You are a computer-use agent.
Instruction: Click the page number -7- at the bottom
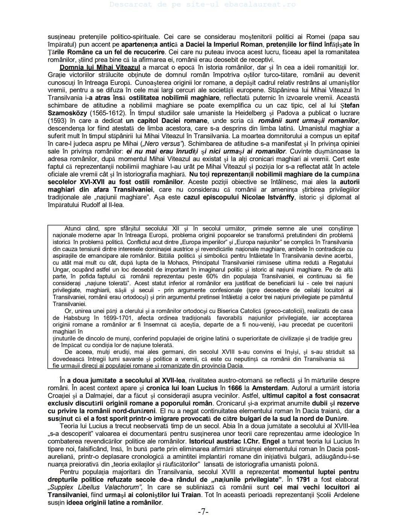[203, 512]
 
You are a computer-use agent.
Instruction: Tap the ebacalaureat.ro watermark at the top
[203, 5]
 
